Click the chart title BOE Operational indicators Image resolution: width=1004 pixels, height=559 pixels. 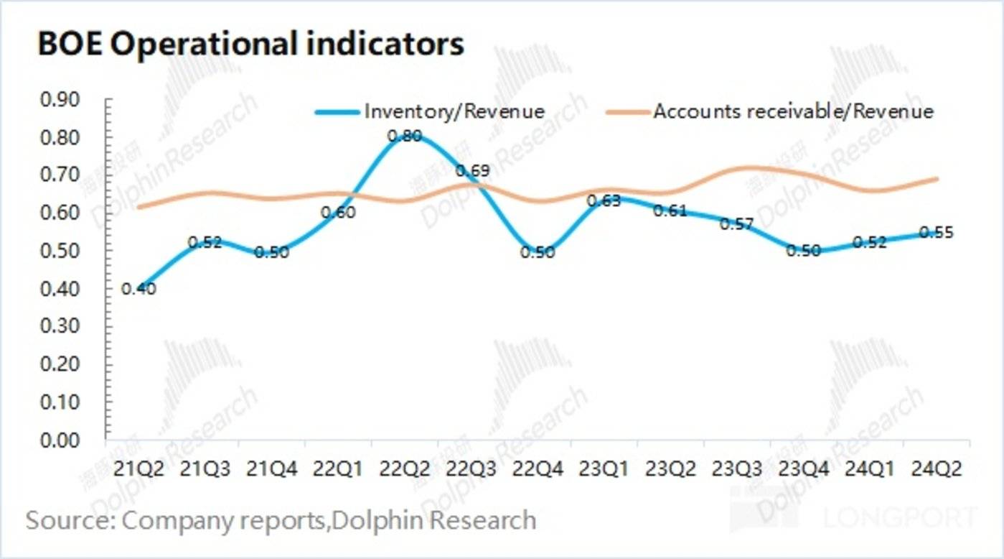tap(250, 44)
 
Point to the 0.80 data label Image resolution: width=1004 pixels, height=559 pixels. tap(404, 135)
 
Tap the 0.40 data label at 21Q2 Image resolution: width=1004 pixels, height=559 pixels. tap(139, 289)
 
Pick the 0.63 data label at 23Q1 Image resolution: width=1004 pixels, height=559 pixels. tap(604, 201)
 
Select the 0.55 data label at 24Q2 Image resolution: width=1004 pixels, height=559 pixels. tap(936, 233)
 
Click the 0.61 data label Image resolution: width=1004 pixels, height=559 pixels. tap(670, 211)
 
